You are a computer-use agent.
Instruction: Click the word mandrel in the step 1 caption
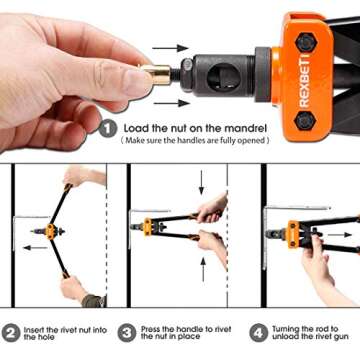click(x=242, y=128)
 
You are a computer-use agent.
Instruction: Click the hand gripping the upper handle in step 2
click(x=77, y=178)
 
